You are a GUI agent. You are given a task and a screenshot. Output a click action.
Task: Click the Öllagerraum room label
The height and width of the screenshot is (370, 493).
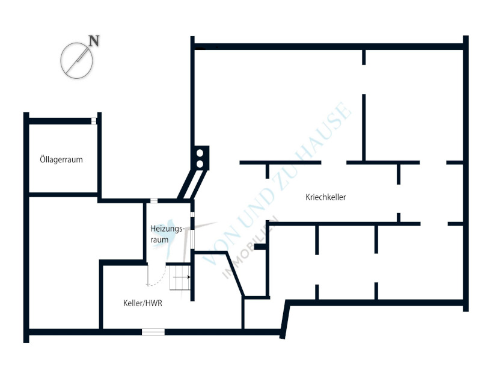61,159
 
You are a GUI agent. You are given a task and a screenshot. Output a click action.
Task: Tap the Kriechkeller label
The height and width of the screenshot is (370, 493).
326,197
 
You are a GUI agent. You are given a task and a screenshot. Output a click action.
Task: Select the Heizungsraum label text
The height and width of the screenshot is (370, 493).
167,234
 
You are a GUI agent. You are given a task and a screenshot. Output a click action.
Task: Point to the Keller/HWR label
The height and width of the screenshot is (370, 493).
142,303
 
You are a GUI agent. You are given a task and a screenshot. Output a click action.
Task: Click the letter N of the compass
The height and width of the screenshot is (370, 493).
94,41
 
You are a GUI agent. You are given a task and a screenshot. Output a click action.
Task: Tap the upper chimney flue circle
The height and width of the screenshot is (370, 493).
200,153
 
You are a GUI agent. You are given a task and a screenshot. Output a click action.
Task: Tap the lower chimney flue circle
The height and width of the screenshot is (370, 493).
200,164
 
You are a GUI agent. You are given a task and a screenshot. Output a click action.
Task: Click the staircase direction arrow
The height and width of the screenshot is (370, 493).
182,277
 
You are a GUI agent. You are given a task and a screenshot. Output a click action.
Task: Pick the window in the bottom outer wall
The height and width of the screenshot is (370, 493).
153,332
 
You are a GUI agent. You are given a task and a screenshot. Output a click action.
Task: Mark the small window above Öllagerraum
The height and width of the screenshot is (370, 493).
94,121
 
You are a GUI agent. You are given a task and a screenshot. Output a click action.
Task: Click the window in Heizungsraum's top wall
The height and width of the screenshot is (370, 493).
154,200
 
